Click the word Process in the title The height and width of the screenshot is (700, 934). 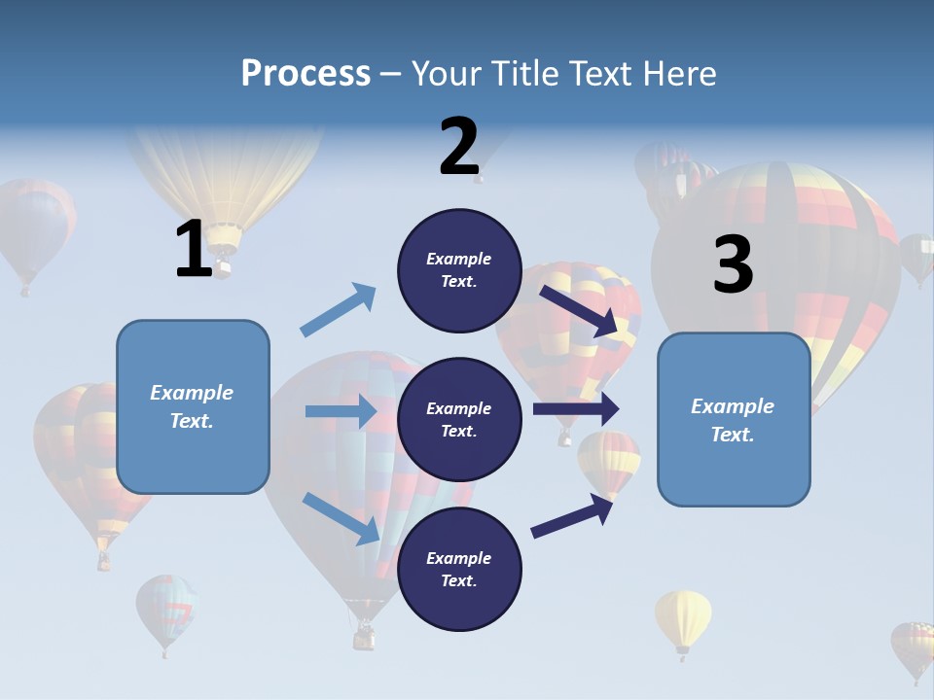[305, 74]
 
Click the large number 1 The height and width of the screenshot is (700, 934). [194, 249]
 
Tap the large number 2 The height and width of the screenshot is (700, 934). [459, 147]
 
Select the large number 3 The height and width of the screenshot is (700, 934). [733, 265]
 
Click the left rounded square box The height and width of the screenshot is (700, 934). [193, 406]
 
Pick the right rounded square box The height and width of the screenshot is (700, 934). [734, 420]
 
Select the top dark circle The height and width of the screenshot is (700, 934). [459, 270]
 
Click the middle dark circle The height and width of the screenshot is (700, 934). [459, 419]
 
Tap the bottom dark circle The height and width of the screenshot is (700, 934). [459, 569]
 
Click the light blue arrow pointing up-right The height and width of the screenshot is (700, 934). [338, 311]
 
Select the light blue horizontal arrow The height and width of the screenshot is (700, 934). [341, 411]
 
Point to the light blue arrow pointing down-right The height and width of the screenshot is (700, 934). [341, 517]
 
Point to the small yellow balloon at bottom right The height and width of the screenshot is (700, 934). [683, 619]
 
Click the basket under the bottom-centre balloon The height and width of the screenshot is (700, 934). [364, 637]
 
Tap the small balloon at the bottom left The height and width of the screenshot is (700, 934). [165, 610]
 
